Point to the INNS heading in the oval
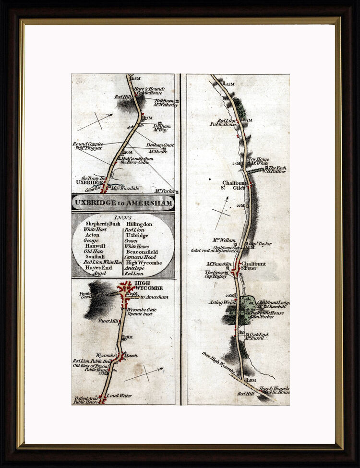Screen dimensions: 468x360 123,217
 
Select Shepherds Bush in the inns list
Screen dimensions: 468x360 101,224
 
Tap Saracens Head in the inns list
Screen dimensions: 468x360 141,257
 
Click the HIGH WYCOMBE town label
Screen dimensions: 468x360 149,286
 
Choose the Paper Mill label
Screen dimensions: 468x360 108,321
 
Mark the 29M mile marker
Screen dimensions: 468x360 134,293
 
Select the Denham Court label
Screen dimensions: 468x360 159,145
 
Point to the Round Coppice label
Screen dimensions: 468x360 86,144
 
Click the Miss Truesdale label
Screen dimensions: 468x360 126,188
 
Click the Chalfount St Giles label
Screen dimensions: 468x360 234,185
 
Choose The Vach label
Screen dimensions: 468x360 277,168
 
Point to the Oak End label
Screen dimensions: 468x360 259,335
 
